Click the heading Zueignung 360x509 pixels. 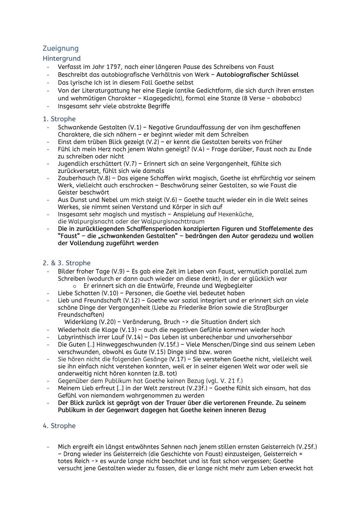point(61,49)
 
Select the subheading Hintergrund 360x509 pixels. point(62,58)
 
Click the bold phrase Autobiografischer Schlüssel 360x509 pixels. point(257,75)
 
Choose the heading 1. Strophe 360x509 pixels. point(59,119)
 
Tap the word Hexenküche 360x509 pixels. point(235,214)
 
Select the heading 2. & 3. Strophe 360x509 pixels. point(66,263)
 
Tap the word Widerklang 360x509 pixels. point(80,322)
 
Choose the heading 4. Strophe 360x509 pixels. point(59,426)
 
